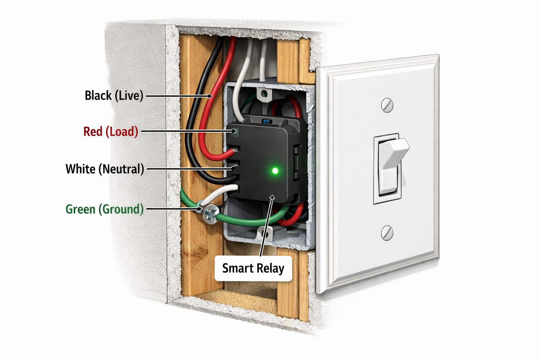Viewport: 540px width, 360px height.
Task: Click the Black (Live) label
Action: [x=114, y=95]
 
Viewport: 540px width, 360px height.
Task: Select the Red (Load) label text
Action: [x=110, y=131]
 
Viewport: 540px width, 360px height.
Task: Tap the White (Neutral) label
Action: [x=105, y=169]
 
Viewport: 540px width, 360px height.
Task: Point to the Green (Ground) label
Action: [x=104, y=209]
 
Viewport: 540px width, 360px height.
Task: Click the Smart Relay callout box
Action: [x=253, y=268]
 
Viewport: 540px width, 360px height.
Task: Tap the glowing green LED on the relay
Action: [x=275, y=171]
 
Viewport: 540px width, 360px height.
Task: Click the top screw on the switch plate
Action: [x=387, y=105]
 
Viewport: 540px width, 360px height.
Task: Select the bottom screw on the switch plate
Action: [x=387, y=233]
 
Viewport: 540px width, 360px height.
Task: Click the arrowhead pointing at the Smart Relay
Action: [x=271, y=198]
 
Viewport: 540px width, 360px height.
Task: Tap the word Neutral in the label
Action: [x=121, y=169]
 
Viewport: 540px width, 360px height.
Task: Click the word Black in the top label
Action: [x=98, y=95]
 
